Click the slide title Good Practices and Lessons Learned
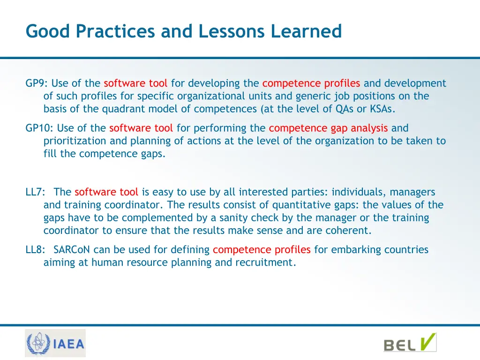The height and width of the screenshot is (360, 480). point(184,31)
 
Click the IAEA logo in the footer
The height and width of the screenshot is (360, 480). point(55,344)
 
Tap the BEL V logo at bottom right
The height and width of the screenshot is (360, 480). point(410,343)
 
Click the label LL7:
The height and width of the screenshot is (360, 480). point(35,192)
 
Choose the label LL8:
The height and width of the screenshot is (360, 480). point(35,250)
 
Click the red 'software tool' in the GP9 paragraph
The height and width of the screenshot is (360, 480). point(135,83)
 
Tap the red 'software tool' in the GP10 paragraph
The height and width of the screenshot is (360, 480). point(141,128)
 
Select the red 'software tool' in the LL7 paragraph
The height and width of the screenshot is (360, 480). point(106,192)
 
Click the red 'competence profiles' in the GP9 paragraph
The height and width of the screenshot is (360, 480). point(311,83)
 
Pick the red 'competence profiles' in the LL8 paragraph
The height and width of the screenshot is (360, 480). point(262,250)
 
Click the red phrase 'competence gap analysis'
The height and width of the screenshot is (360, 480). point(328,128)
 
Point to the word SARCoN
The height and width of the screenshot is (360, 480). point(72,250)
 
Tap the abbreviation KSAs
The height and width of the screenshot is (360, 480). point(382,109)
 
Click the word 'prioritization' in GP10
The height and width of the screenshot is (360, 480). point(73,141)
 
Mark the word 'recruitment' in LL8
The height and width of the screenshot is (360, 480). point(267,262)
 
